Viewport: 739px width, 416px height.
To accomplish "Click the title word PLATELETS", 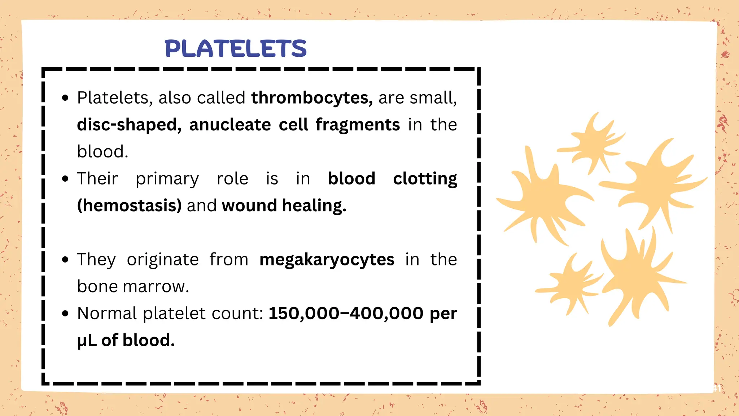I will coord(236,49).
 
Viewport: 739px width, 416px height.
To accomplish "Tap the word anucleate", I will coord(230,125).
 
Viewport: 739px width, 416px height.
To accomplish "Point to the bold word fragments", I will coord(358,125).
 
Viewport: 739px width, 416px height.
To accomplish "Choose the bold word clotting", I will coord(425,179).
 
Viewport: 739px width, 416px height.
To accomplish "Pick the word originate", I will coord(163,260).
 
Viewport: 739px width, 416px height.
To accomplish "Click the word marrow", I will coord(156,287).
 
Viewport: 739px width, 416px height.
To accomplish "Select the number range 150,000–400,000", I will coord(346,313).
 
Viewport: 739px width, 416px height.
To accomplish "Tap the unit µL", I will coord(87,341).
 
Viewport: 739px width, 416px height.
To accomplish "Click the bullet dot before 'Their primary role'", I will coord(65,179).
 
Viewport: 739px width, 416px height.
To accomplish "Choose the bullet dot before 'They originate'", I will coord(65,260).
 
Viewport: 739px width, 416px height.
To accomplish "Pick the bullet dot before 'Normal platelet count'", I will coord(65,313).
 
